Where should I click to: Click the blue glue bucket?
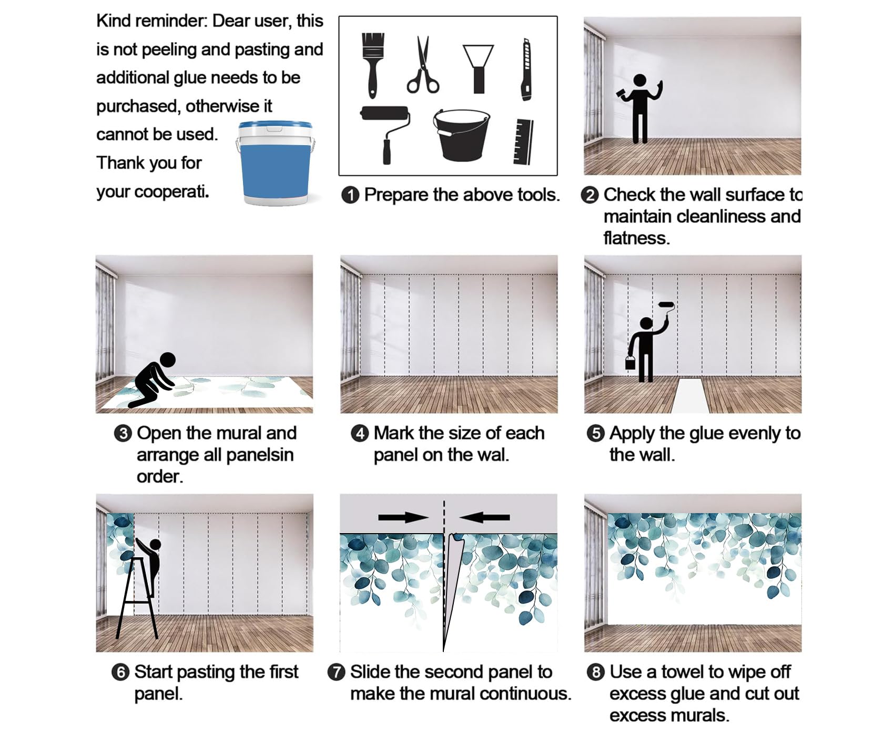[x=275, y=163]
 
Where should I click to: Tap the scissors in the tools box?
[x=422, y=65]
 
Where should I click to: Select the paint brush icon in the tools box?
[x=373, y=65]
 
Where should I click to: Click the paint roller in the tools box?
[x=385, y=134]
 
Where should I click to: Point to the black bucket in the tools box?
[x=461, y=135]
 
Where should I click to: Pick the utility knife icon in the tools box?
[x=526, y=69]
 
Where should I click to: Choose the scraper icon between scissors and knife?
[x=478, y=68]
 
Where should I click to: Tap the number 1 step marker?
[x=350, y=195]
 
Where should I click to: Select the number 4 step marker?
[x=360, y=434]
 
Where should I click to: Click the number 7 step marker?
[x=336, y=672]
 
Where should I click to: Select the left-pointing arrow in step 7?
[x=484, y=517]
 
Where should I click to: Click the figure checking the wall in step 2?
[x=639, y=108]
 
